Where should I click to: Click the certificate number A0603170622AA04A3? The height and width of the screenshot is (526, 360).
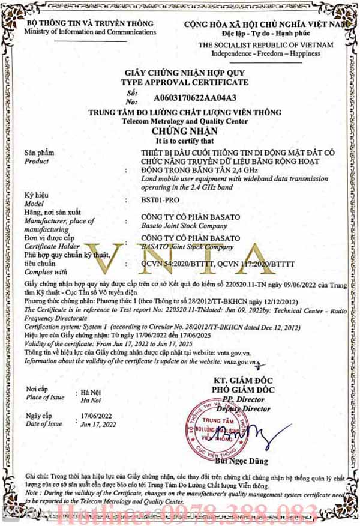coord(195,96)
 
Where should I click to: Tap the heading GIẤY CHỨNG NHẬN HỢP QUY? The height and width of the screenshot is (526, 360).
coord(185,73)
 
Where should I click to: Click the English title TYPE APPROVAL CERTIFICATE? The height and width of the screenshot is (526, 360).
coord(184,81)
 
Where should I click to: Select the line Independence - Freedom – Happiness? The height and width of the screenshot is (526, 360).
coord(265,53)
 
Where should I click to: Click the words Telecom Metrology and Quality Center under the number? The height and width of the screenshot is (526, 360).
coord(184,121)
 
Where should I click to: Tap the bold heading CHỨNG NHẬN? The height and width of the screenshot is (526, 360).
coord(184,130)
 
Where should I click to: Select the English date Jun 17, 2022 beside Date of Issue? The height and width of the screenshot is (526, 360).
coord(97,424)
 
